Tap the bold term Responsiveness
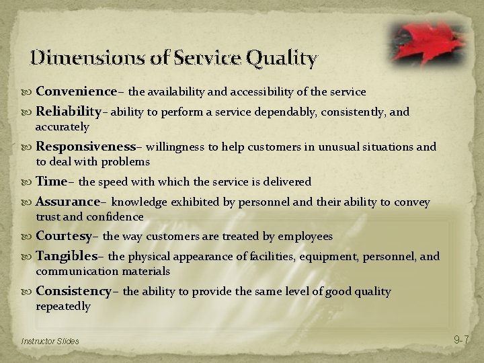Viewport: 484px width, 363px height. (x=86, y=147)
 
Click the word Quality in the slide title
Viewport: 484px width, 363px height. (x=282, y=58)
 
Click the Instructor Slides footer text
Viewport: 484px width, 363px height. (x=50, y=341)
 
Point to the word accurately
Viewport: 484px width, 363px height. (x=62, y=126)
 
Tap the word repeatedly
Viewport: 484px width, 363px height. (x=63, y=306)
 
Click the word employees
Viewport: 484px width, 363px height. (x=306, y=237)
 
